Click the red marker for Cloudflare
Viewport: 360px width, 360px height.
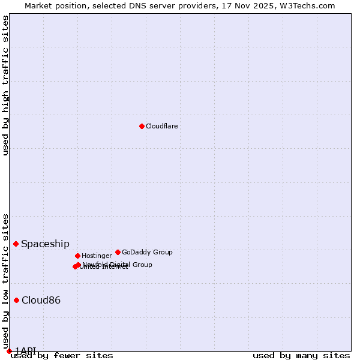coord(142,126)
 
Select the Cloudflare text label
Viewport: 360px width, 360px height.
coord(161,126)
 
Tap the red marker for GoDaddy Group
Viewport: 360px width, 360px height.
coord(118,252)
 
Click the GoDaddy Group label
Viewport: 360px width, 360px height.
coord(147,252)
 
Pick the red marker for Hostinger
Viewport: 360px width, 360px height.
coord(77,256)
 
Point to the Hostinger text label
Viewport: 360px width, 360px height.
coord(97,256)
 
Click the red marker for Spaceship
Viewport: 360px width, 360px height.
coord(16,244)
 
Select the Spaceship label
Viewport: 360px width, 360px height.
coord(45,244)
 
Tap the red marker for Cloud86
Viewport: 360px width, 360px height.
coord(17,300)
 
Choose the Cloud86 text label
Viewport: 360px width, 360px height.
coord(41,300)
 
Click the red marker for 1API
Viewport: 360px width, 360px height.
coord(9,351)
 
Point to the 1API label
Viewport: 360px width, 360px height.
coord(26,350)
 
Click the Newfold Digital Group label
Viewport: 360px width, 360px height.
coord(118,265)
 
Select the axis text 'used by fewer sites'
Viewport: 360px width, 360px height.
coord(62,355)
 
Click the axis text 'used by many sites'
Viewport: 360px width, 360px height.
coord(301,355)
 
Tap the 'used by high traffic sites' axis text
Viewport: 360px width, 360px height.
coord(5,85)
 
